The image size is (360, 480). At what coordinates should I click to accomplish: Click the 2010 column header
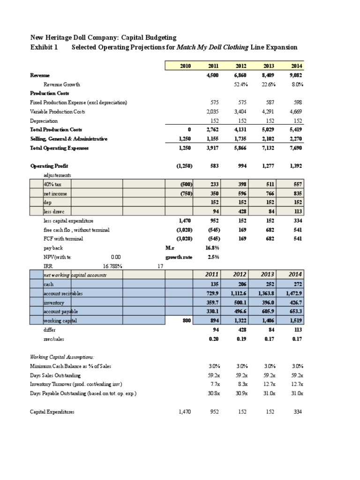187,66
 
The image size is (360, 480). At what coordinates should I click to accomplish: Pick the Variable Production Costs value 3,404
241,112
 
